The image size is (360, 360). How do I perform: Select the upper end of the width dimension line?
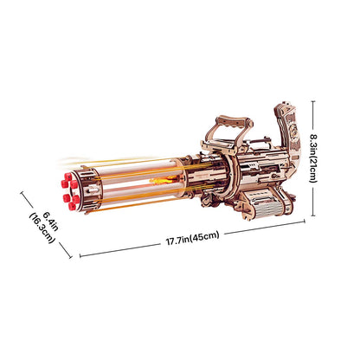pyautogui.click(x=22, y=194)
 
